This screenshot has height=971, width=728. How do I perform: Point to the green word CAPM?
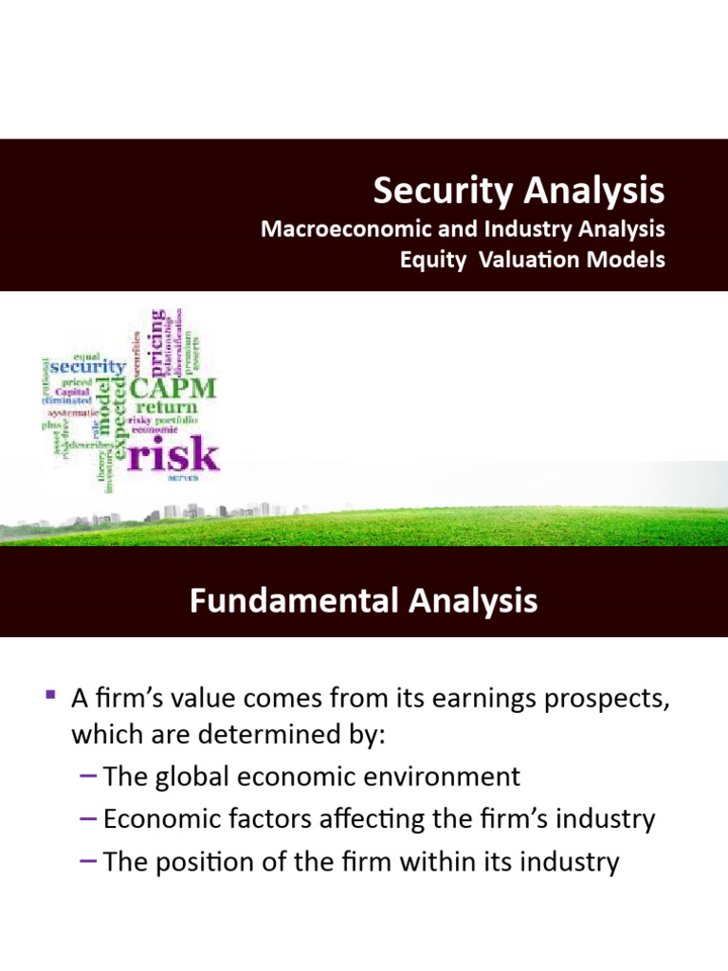173,389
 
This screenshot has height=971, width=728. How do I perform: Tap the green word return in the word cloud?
168,409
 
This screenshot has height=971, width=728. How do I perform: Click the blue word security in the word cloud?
86,366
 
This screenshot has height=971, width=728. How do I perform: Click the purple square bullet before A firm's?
50,697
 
